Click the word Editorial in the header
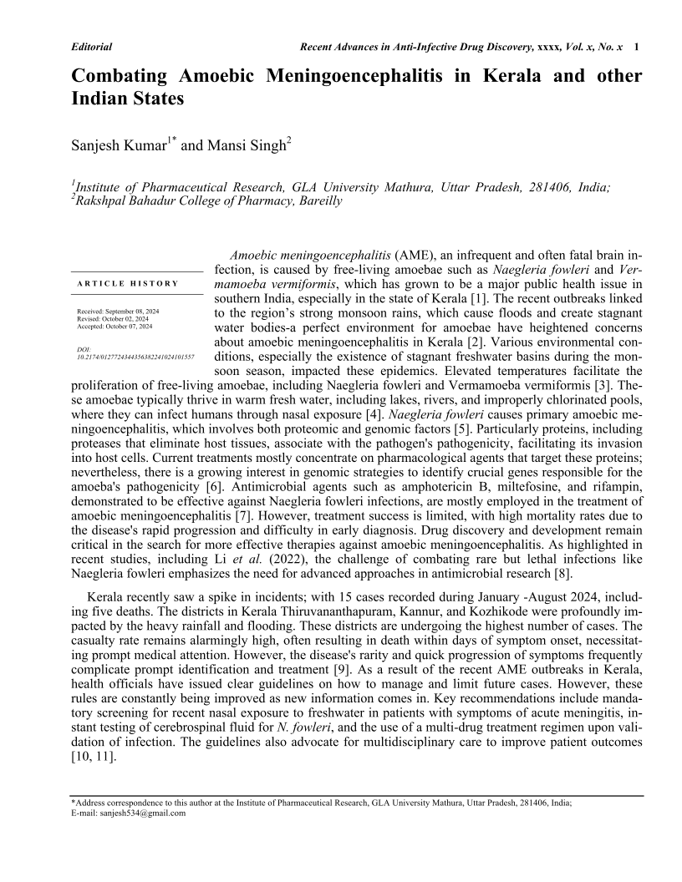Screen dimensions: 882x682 click(x=92, y=48)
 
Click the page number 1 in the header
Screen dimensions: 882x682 click(x=638, y=48)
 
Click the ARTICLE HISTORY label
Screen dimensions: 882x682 click(x=127, y=283)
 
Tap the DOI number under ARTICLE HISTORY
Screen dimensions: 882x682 click(x=135, y=357)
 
